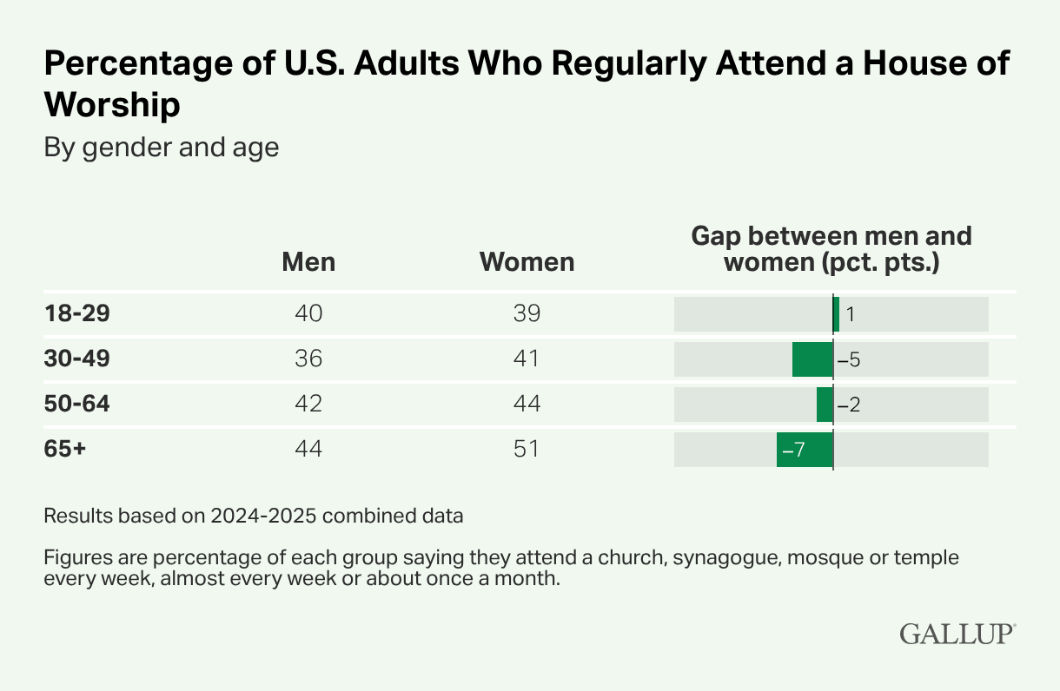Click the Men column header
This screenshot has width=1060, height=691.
point(308,262)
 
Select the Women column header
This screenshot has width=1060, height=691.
point(527,262)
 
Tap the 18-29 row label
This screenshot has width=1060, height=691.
point(77,313)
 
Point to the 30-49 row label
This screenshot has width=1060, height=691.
point(78,359)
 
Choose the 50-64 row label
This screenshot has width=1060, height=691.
point(77,404)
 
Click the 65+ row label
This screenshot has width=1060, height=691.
point(65,449)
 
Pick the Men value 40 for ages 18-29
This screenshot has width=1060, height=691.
point(308,313)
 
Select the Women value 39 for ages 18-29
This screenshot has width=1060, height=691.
point(527,313)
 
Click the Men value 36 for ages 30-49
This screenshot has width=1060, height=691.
point(308,359)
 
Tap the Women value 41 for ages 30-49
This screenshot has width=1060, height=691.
point(527,359)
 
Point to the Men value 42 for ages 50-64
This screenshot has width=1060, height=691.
point(308,404)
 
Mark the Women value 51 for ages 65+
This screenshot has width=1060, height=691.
point(527,449)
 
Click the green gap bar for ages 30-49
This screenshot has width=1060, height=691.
point(812,359)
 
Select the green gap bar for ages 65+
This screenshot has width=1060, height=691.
point(805,450)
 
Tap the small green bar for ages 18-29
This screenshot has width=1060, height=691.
point(836,314)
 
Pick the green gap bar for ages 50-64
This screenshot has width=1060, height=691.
point(825,405)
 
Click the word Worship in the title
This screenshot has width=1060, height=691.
point(112,105)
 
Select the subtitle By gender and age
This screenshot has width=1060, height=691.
point(162,148)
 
